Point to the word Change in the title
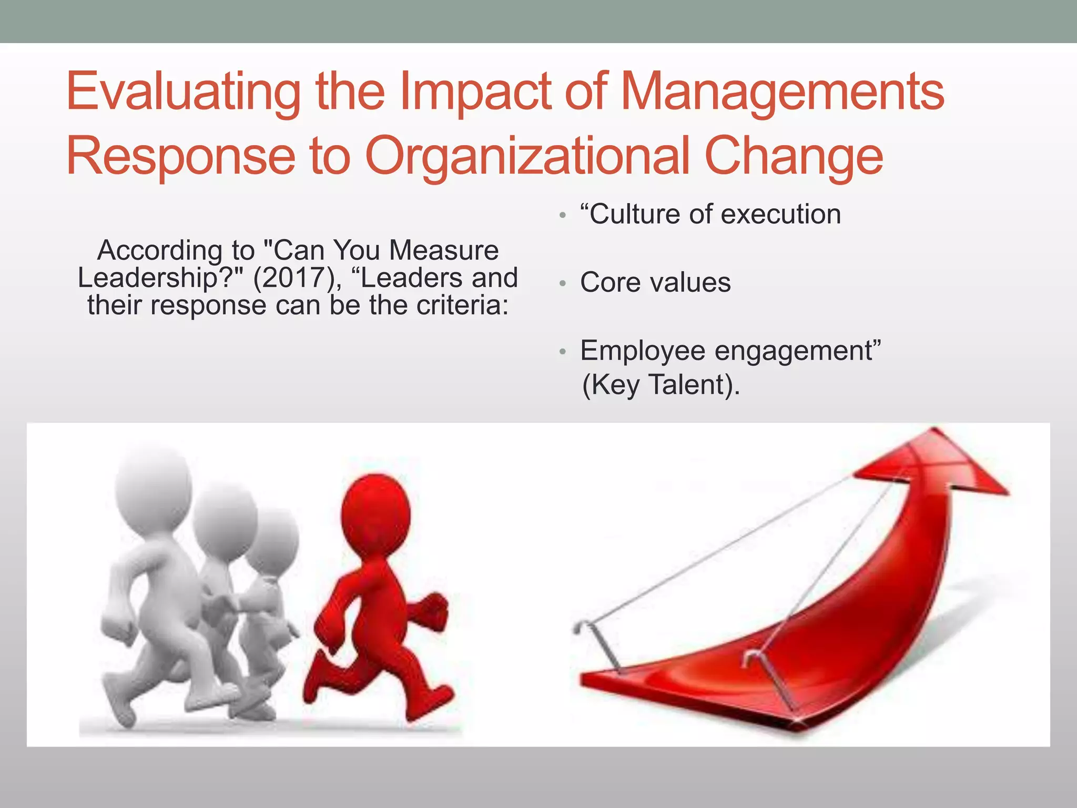[794, 156]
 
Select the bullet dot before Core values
[563, 284]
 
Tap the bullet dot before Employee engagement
[563, 351]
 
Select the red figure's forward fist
[436, 610]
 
